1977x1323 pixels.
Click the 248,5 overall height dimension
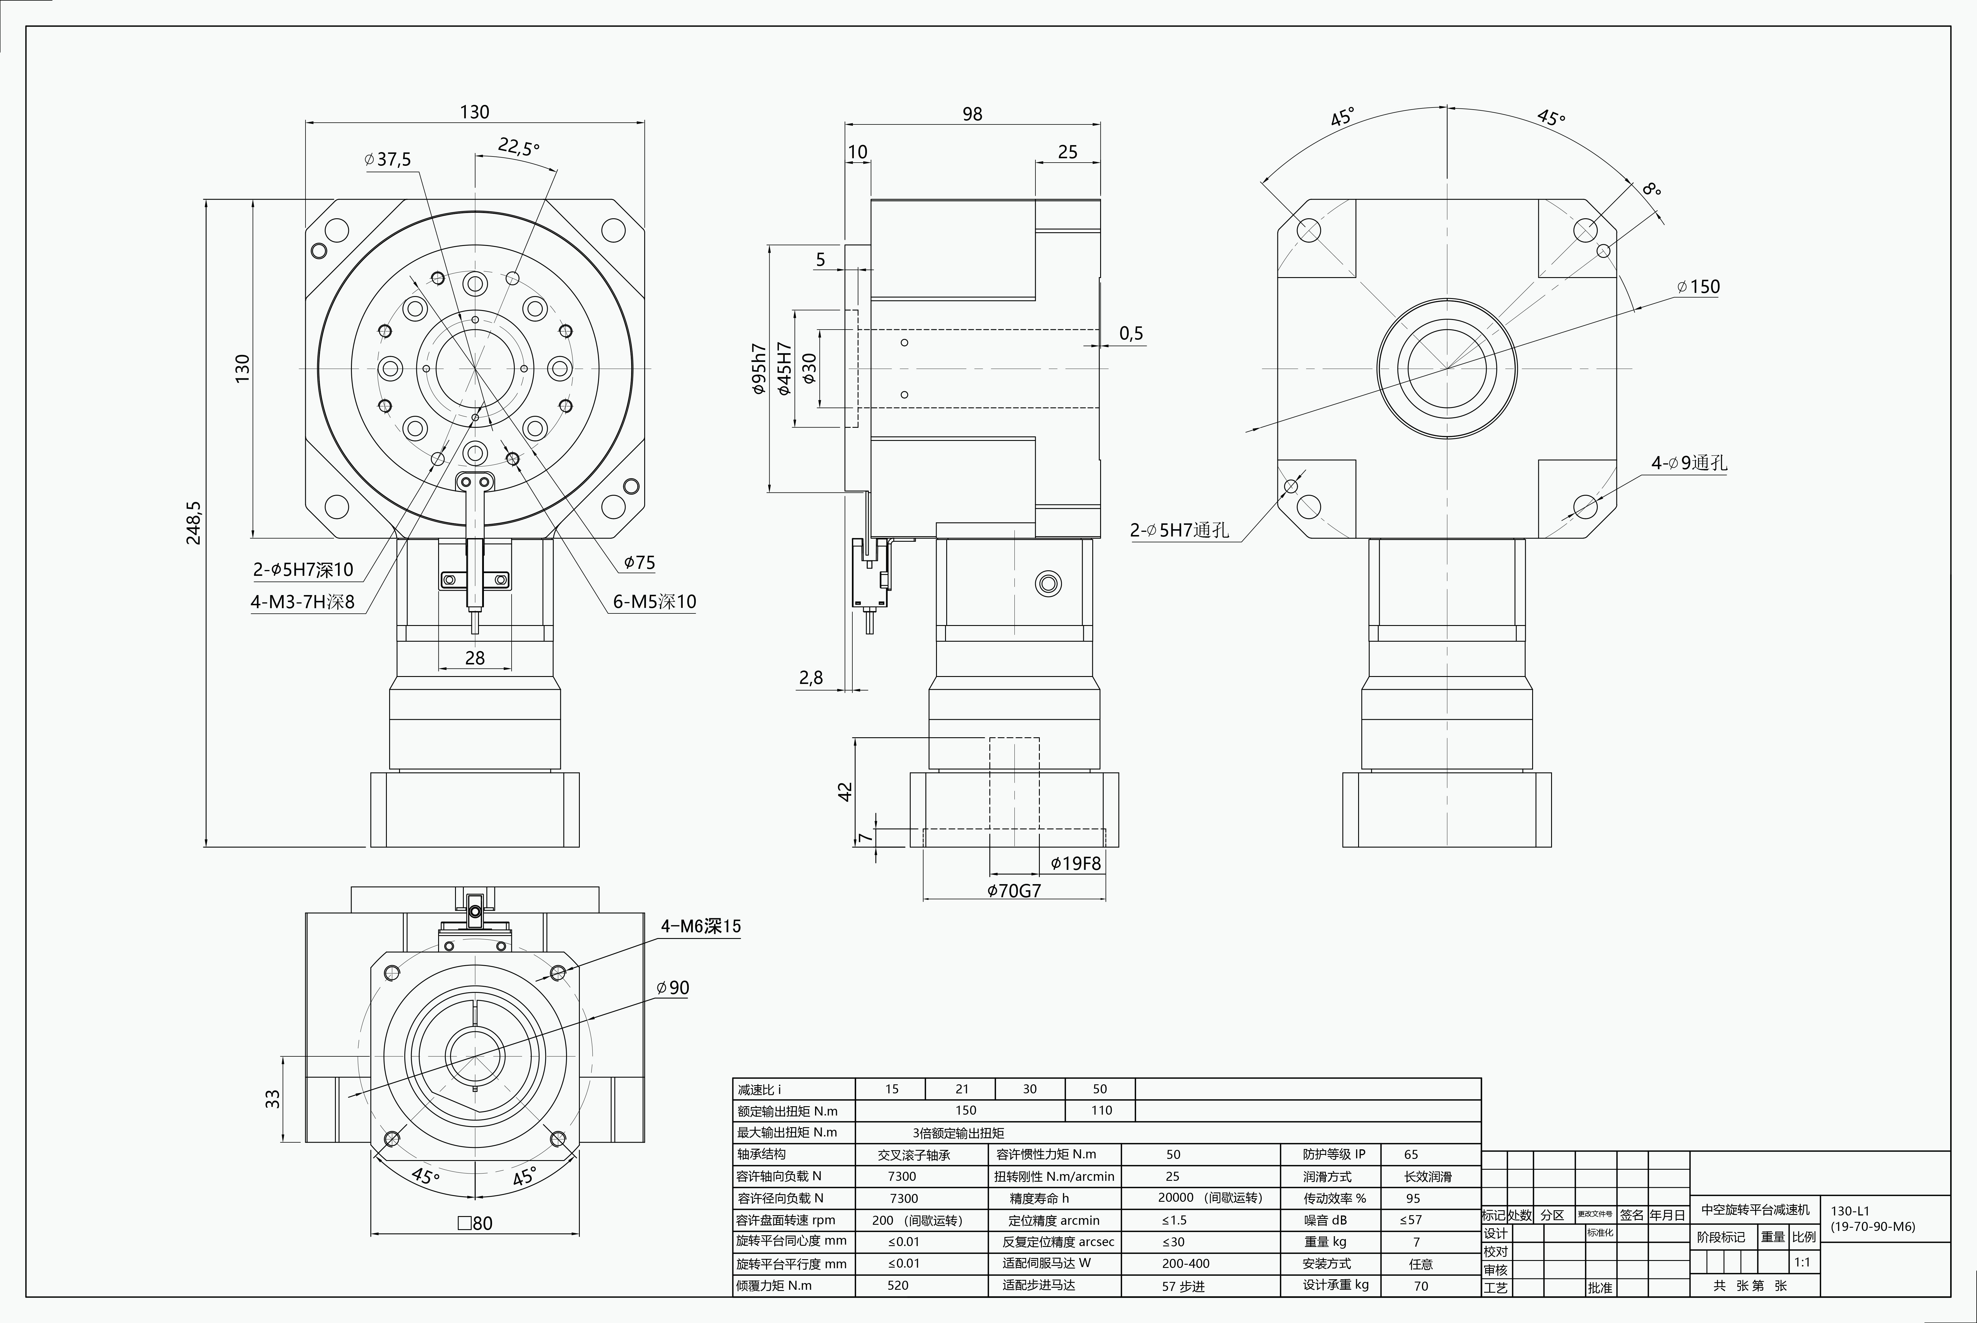(x=194, y=523)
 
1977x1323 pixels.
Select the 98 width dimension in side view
(x=972, y=114)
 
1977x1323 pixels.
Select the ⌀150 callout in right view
(x=1699, y=287)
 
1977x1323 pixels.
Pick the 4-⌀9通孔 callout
(x=1689, y=463)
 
